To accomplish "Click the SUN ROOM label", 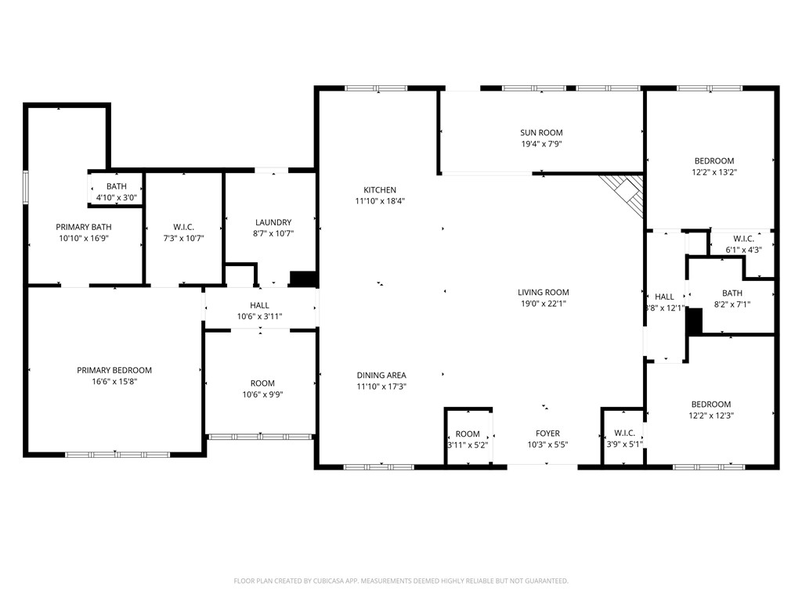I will [x=541, y=133].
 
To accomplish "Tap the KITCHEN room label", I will [x=380, y=190].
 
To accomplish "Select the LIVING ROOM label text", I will [x=543, y=293].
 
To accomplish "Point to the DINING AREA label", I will [x=381, y=376].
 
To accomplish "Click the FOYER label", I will [x=547, y=434].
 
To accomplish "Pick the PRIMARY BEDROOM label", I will [x=114, y=371].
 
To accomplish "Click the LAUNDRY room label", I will [x=273, y=222].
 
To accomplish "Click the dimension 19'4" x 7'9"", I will [x=541, y=144].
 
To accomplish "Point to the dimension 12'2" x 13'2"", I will [x=713, y=172].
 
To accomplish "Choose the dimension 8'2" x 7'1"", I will [x=732, y=304].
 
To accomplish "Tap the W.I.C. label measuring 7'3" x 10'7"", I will [x=183, y=228].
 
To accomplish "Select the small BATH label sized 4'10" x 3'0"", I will [x=117, y=186].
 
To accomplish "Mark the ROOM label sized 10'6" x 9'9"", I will [x=262, y=383].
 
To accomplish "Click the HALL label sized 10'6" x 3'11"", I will [x=259, y=305].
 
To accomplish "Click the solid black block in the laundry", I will [x=302, y=279].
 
